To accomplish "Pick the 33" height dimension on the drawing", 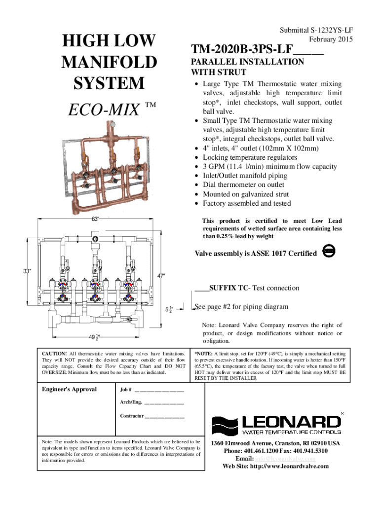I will (27, 271).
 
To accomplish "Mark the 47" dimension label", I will (161, 276).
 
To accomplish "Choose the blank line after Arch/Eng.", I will (164, 403).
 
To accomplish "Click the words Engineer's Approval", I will (70, 389).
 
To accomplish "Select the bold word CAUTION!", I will (54, 354).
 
